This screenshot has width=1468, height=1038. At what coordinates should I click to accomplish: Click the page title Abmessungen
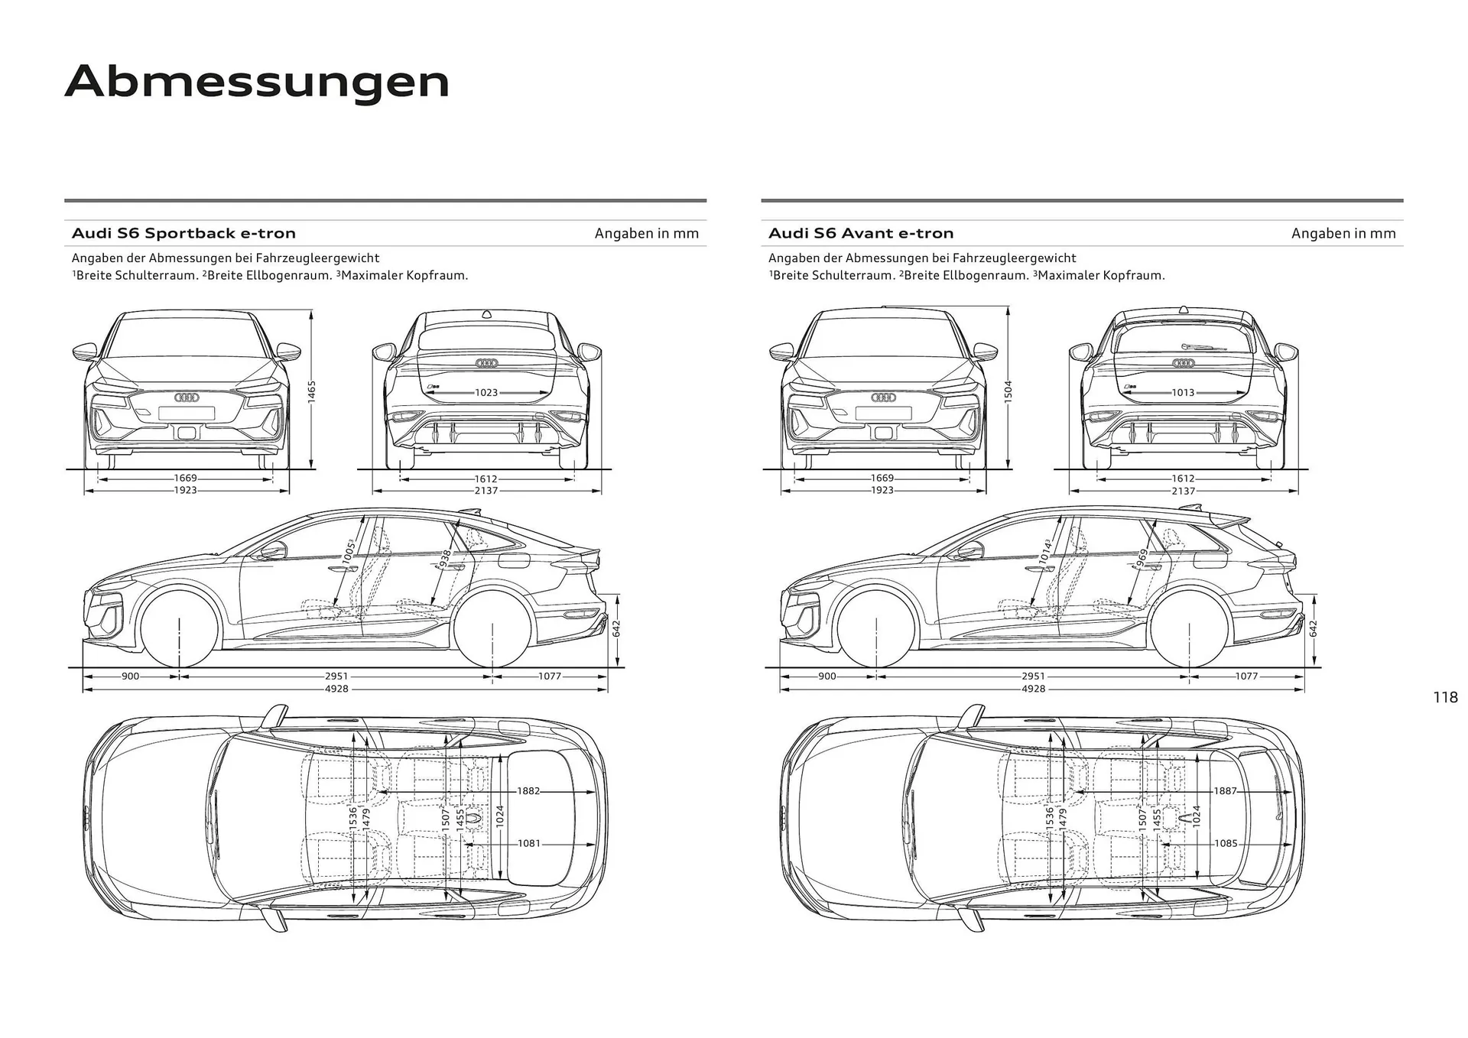coord(257,83)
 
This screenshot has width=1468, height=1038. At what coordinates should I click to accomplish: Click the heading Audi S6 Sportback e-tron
coord(183,233)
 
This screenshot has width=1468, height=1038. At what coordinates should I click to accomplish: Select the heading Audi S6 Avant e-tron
coord(861,233)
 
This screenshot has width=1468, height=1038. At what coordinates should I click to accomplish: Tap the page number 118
coord(1445,697)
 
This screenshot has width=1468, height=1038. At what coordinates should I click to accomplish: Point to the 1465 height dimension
coord(311,390)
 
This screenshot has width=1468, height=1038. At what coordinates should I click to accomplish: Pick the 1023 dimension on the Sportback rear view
coord(486,392)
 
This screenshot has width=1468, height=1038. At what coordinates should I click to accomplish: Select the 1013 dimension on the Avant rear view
coord(1183,392)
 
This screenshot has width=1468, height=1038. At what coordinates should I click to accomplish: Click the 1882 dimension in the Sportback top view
coord(528,791)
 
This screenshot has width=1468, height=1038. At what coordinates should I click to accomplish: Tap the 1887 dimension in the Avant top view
coord(1225,791)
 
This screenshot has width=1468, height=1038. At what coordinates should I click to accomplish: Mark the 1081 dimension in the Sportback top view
coord(529,843)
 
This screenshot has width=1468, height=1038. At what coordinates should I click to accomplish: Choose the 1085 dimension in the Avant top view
coord(1226,843)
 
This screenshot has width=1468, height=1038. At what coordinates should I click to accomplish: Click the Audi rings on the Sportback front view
coord(187,397)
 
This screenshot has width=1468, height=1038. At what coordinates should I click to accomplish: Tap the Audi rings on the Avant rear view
coord(1184,363)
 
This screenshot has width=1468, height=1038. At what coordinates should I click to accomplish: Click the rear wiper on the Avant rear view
coord(1204,347)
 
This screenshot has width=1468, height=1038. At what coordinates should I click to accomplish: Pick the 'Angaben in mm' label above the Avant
coord(1343,233)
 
